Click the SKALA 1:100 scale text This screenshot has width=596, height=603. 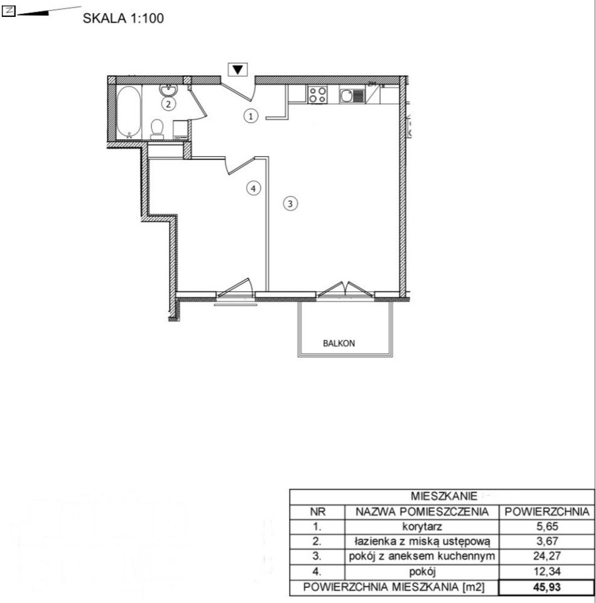123,18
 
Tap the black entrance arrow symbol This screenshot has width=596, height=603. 237,69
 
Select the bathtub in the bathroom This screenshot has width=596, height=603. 129,112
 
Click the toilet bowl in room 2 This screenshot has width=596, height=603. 157,129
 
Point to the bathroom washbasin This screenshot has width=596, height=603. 168,90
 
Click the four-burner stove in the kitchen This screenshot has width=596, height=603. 318,95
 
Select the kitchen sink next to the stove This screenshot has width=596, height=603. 352,95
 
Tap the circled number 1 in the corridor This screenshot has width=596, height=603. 251,116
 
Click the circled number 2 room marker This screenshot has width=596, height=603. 168,104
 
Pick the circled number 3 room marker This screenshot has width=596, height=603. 290,204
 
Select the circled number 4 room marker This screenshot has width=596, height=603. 253,188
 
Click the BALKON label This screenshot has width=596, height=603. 339,344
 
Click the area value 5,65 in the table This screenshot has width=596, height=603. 547,526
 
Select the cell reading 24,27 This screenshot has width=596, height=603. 547,556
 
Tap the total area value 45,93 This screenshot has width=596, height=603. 547,587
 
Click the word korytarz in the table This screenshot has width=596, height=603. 422,527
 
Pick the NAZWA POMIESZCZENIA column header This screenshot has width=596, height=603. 422,512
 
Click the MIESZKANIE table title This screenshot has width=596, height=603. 444,496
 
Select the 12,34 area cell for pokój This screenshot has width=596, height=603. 547,572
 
